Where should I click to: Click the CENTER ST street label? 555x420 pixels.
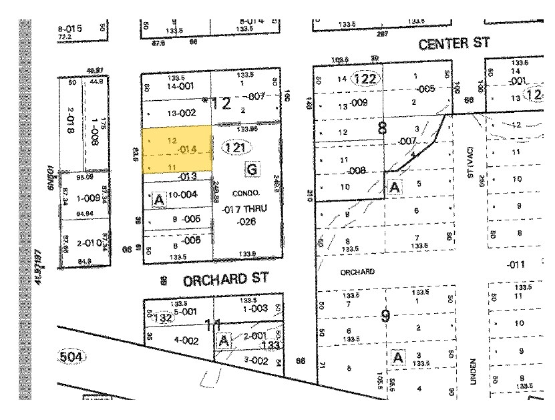click(454, 44)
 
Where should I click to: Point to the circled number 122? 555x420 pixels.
click(365, 79)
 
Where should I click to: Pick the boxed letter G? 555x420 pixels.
click(251, 169)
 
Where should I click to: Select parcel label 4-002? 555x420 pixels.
click(187, 340)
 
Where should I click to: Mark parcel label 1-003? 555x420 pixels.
click(255, 308)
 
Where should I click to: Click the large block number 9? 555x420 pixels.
click(385, 315)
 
